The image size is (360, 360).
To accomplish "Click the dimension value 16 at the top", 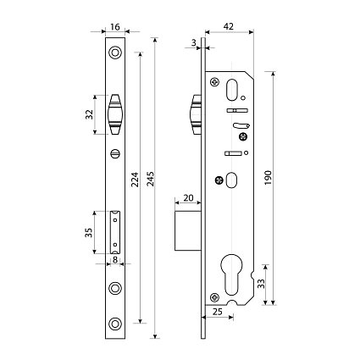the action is point(115,27).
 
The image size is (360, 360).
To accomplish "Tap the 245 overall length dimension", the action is point(151,179).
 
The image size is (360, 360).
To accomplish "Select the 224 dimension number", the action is point(136,180).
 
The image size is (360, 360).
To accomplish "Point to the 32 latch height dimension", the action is point(89,114).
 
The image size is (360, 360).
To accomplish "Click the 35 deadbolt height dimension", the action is point(89,233).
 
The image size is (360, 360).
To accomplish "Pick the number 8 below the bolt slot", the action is point(115,259).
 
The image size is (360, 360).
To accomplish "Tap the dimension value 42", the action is point(229,26).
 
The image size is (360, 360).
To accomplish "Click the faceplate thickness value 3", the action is point(193,42).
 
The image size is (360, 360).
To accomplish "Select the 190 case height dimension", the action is point(268,178).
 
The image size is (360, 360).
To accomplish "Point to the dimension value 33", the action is point(262,284).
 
